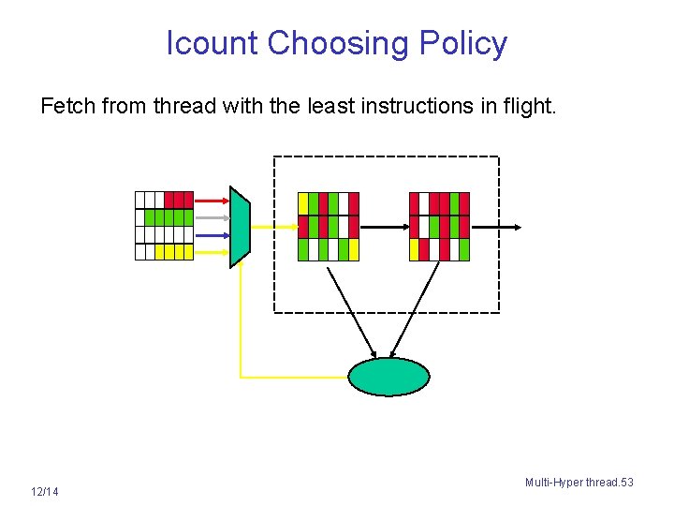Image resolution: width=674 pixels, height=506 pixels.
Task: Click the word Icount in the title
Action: (212, 43)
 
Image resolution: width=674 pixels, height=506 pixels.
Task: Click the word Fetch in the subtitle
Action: (67, 107)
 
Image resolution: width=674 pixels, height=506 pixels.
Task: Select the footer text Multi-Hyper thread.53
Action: (579, 483)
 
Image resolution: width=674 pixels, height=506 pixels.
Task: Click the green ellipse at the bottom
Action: (388, 377)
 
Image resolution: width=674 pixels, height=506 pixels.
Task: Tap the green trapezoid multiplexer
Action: (241, 228)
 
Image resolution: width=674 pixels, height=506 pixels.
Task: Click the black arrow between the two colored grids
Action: (384, 227)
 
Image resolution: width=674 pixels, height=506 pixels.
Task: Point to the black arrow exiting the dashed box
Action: (496, 227)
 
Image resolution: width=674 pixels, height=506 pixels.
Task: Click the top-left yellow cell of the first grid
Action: (302, 203)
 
